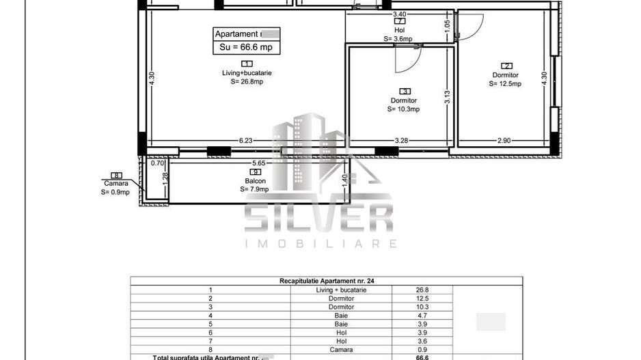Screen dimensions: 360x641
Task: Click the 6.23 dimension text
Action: point(246,141)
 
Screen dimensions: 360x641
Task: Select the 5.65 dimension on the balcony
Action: point(259,163)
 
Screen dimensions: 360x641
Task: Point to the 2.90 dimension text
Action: point(504,141)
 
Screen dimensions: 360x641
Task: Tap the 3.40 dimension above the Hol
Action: point(399,14)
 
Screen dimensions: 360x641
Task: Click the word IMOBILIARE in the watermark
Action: point(320,243)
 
